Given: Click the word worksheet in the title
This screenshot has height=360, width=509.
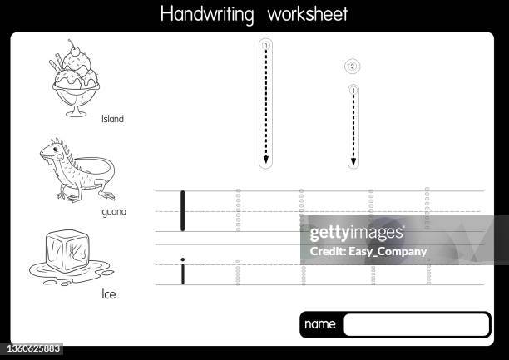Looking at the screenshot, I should (303, 14).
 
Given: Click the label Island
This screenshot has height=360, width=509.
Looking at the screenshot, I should (112, 119).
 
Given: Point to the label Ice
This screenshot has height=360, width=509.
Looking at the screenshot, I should (109, 293).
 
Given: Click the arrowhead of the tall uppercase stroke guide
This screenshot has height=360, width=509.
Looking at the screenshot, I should (266, 160).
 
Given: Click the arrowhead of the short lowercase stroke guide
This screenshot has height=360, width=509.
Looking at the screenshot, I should (353, 160).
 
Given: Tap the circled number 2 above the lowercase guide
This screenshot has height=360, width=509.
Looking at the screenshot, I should (352, 66).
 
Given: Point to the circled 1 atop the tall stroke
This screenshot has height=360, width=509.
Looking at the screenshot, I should (265, 43).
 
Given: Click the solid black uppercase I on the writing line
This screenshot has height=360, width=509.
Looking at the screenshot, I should (182, 210).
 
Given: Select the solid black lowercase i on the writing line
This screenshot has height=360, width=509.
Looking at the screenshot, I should (182, 271).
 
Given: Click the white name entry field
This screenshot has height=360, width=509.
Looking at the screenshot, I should (416, 324).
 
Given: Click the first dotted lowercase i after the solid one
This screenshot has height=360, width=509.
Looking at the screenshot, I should (238, 273).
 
